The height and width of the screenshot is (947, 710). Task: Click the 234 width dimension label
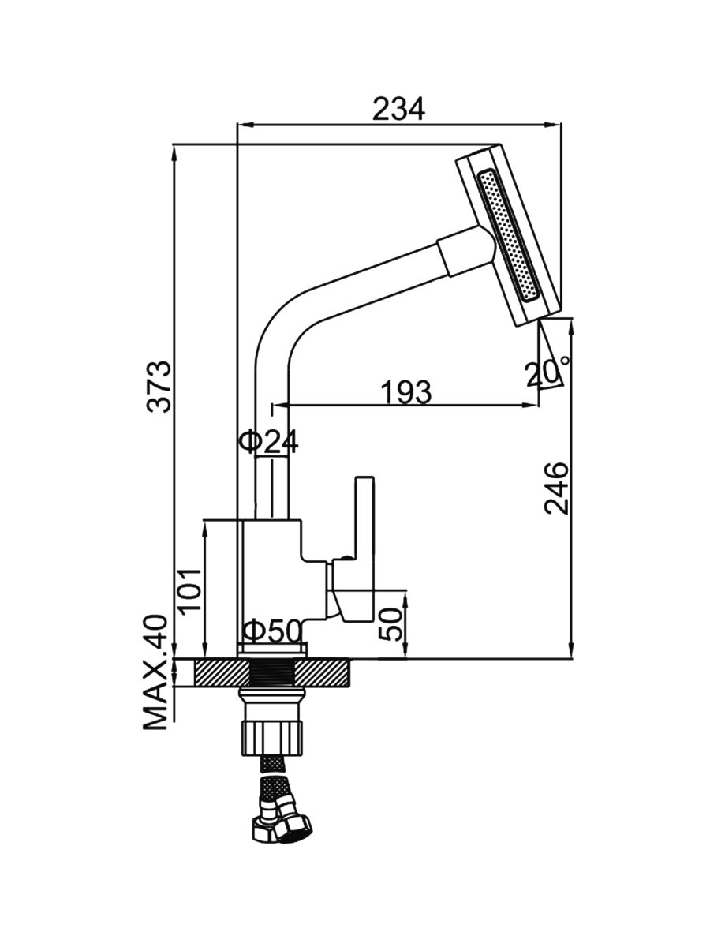(x=398, y=108)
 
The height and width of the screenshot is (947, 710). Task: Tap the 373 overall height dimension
(x=159, y=386)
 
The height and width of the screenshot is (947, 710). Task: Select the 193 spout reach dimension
(x=406, y=391)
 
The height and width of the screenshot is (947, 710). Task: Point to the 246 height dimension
(x=556, y=488)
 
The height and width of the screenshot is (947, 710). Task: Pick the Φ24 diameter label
(x=268, y=442)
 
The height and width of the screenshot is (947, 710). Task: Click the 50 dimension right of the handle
(x=392, y=623)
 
